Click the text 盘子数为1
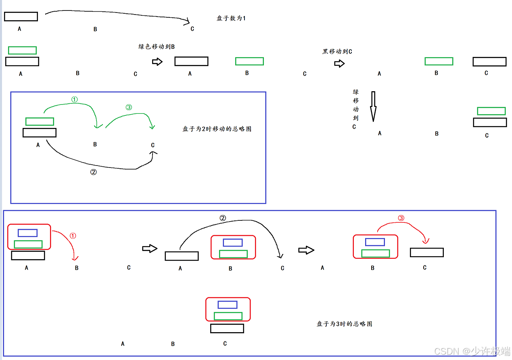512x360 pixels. point(231,19)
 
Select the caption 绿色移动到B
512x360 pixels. point(157,47)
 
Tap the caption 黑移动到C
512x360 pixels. point(337,52)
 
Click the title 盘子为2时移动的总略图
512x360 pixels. point(217,129)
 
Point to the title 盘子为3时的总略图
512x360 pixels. point(344,324)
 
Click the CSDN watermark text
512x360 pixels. point(472,351)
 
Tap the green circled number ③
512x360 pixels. point(129,107)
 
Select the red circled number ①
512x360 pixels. point(73,236)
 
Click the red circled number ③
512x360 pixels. point(401,218)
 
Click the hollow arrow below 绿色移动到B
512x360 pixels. point(157,62)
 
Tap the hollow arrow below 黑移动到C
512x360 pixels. point(339,64)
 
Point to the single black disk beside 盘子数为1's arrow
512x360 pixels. point(21,17)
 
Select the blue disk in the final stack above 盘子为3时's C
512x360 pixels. point(228,305)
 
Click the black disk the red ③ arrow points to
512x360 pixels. point(426,252)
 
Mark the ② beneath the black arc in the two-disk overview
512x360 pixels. point(93,172)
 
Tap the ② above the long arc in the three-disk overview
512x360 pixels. point(223,218)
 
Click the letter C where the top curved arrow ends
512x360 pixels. point(192,29)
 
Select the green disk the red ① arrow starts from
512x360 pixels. point(28,244)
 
